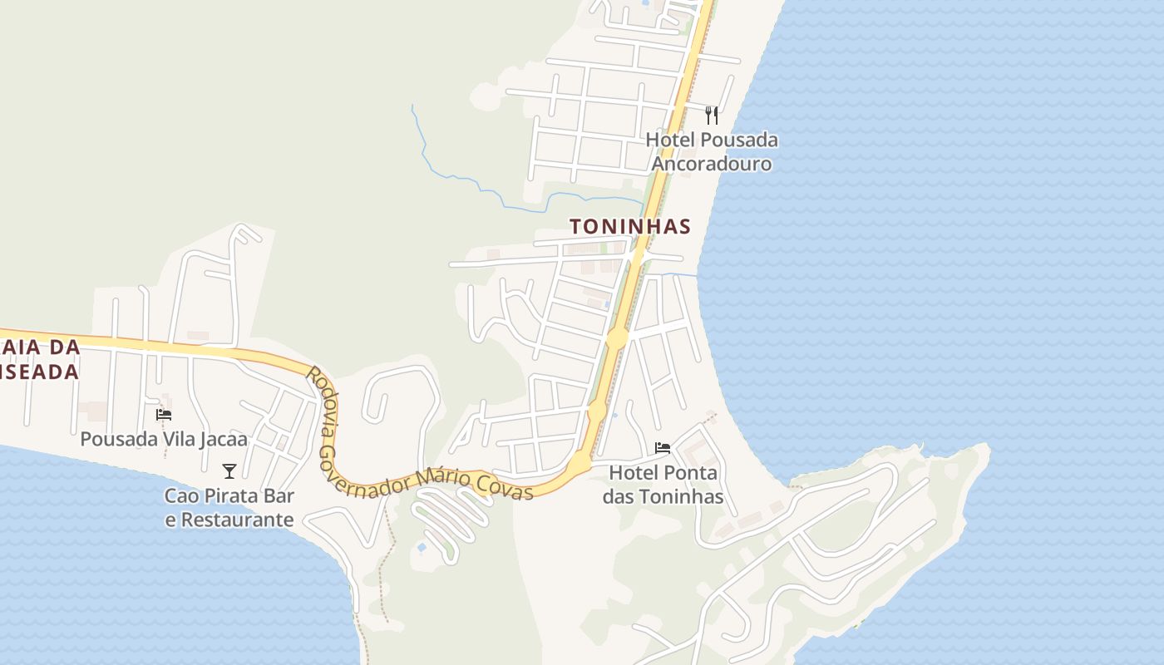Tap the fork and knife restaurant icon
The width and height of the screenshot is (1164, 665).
[x=712, y=115]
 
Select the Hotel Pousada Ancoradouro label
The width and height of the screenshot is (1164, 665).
[x=712, y=151]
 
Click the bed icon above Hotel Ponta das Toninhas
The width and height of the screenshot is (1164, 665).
[x=663, y=448]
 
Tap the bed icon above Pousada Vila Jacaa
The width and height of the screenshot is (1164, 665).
[x=164, y=414]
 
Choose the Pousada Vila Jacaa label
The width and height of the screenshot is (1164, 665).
[x=164, y=439]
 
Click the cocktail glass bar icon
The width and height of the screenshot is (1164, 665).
[x=229, y=470]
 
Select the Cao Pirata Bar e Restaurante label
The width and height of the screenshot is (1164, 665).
[x=229, y=508]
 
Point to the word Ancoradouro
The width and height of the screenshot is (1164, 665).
[x=712, y=164]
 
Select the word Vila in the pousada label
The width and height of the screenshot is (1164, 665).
[x=176, y=439]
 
